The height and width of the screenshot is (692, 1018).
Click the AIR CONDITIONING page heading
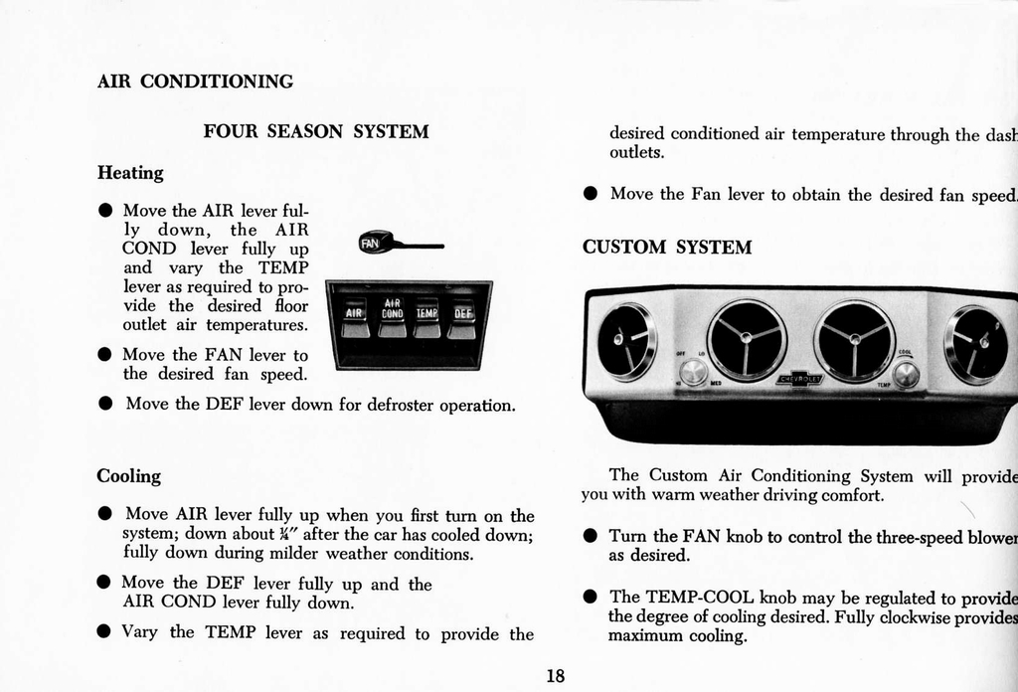click(x=195, y=82)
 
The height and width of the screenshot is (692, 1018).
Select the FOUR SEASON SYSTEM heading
click(x=316, y=131)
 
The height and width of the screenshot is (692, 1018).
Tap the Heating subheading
click(x=130, y=173)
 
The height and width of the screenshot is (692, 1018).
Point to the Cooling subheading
click(x=128, y=476)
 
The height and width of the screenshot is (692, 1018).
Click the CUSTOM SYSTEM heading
click(x=667, y=247)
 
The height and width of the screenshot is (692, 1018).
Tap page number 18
click(x=556, y=676)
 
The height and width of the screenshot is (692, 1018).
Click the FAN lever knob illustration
click(x=372, y=243)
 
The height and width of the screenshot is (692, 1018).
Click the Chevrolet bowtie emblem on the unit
click(x=799, y=379)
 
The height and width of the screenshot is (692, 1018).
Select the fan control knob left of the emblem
click(x=694, y=372)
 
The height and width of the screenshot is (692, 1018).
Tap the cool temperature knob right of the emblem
click(x=906, y=374)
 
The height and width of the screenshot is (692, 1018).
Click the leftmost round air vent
click(x=626, y=340)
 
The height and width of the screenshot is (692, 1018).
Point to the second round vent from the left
click(x=747, y=339)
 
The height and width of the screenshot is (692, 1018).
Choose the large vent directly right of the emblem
click(x=854, y=340)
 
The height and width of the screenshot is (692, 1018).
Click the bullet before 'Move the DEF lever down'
click(x=104, y=406)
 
